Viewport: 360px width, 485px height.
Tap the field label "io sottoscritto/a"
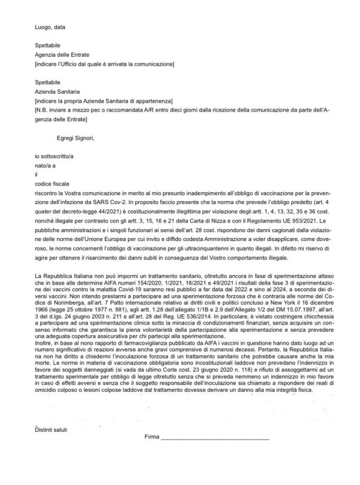tap(54, 155)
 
